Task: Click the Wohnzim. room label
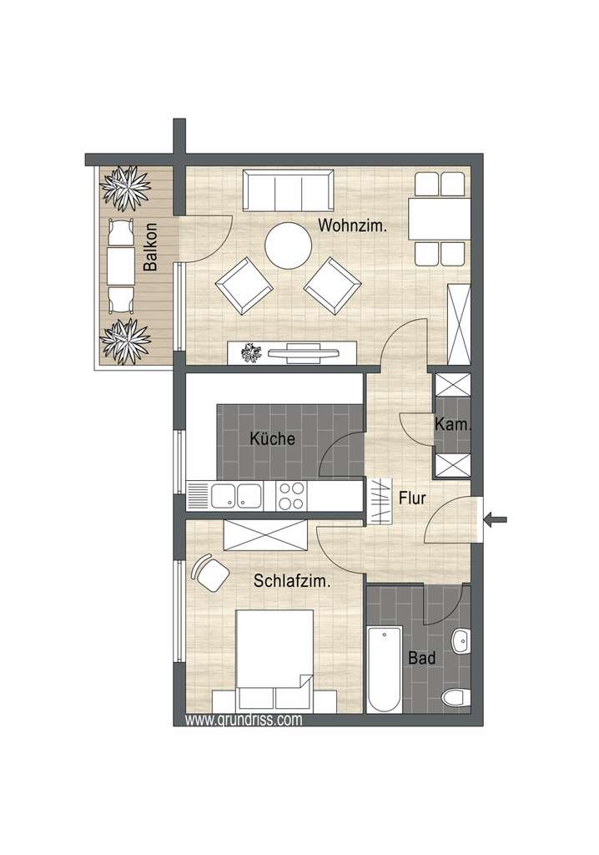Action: click(x=351, y=225)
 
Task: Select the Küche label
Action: click(x=273, y=438)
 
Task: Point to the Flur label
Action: click(x=412, y=499)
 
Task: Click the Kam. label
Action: click(x=453, y=425)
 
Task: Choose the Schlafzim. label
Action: click(x=292, y=583)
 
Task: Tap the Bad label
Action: click(x=421, y=659)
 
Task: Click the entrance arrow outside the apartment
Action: click(x=496, y=520)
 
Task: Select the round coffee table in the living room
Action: click(x=288, y=245)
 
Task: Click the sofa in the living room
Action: click(x=289, y=191)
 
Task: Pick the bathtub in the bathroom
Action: click(x=384, y=669)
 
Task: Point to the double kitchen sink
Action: click(x=236, y=496)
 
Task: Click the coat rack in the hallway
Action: click(x=380, y=500)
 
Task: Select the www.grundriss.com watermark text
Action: click(x=244, y=719)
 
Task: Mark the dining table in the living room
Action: click(x=439, y=217)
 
